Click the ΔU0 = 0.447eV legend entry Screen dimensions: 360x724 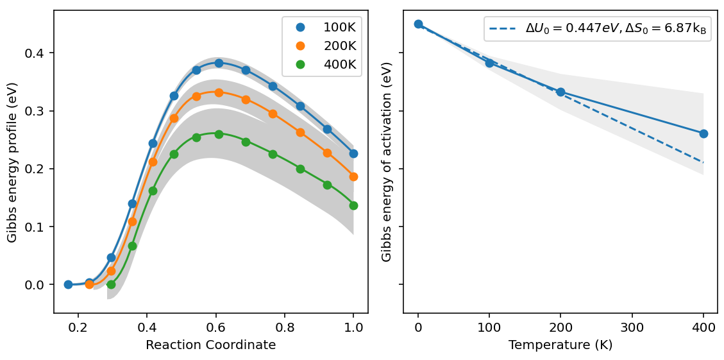pos(598,29)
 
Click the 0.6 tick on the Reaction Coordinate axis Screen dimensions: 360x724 pos(215,326)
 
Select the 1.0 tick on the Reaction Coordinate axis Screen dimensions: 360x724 pos(353,326)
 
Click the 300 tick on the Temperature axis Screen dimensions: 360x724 pos(632,326)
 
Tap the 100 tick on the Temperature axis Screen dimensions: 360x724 pos(489,326)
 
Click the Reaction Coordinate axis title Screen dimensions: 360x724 pos(210,345)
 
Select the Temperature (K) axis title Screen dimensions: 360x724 pos(560,345)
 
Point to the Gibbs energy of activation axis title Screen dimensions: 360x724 pos(387,162)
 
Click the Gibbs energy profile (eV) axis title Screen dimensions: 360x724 pos(12,162)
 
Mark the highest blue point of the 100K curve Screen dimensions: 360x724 pos(219,63)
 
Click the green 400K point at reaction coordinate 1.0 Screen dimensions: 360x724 pos(353,205)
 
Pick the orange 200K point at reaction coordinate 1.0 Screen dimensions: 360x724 pos(353,176)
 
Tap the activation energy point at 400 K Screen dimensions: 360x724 pos(703,133)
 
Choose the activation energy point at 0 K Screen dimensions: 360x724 pos(418,24)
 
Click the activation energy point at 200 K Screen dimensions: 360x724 pos(560,92)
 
